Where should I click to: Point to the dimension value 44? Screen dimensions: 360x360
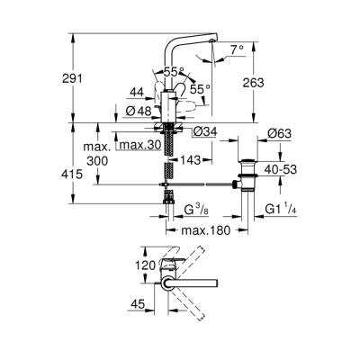click(x=137, y=92)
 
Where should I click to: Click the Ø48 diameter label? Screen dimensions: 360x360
click(x=137, y=112)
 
